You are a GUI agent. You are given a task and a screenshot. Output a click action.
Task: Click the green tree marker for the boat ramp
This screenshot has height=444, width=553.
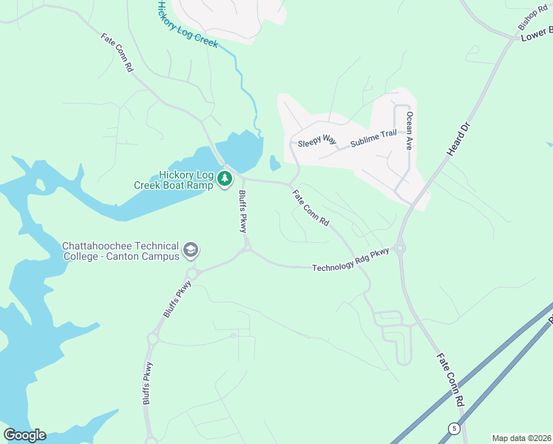pyautogui.click(x=225, y=178)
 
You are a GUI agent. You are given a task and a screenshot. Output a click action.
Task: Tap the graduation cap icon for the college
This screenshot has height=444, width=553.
pyautogui.click(x=191, y=250)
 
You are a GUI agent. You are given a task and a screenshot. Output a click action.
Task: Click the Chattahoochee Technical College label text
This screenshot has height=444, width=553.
pyautogui.click(x=121, y=251)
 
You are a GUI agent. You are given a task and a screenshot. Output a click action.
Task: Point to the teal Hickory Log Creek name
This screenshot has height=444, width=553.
pyautogui.click(x=188, y=24)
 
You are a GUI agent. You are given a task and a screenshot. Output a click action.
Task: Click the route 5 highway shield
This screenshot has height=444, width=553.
pyautogui.click(x=453, y=428)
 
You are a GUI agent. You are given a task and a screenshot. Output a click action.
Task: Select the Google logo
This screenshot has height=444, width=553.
pyautogui.click(x=24, y=435)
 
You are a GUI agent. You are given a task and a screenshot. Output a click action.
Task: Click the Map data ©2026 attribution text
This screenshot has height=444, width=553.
pyautogui.click(x=522, y=438)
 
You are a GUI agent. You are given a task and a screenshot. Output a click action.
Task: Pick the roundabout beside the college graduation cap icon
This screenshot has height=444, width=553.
pyautogui.click(x=192, y=274)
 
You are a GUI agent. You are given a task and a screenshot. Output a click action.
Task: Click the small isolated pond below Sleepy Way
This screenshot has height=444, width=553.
pyautogui.click(x=275, y=162)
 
